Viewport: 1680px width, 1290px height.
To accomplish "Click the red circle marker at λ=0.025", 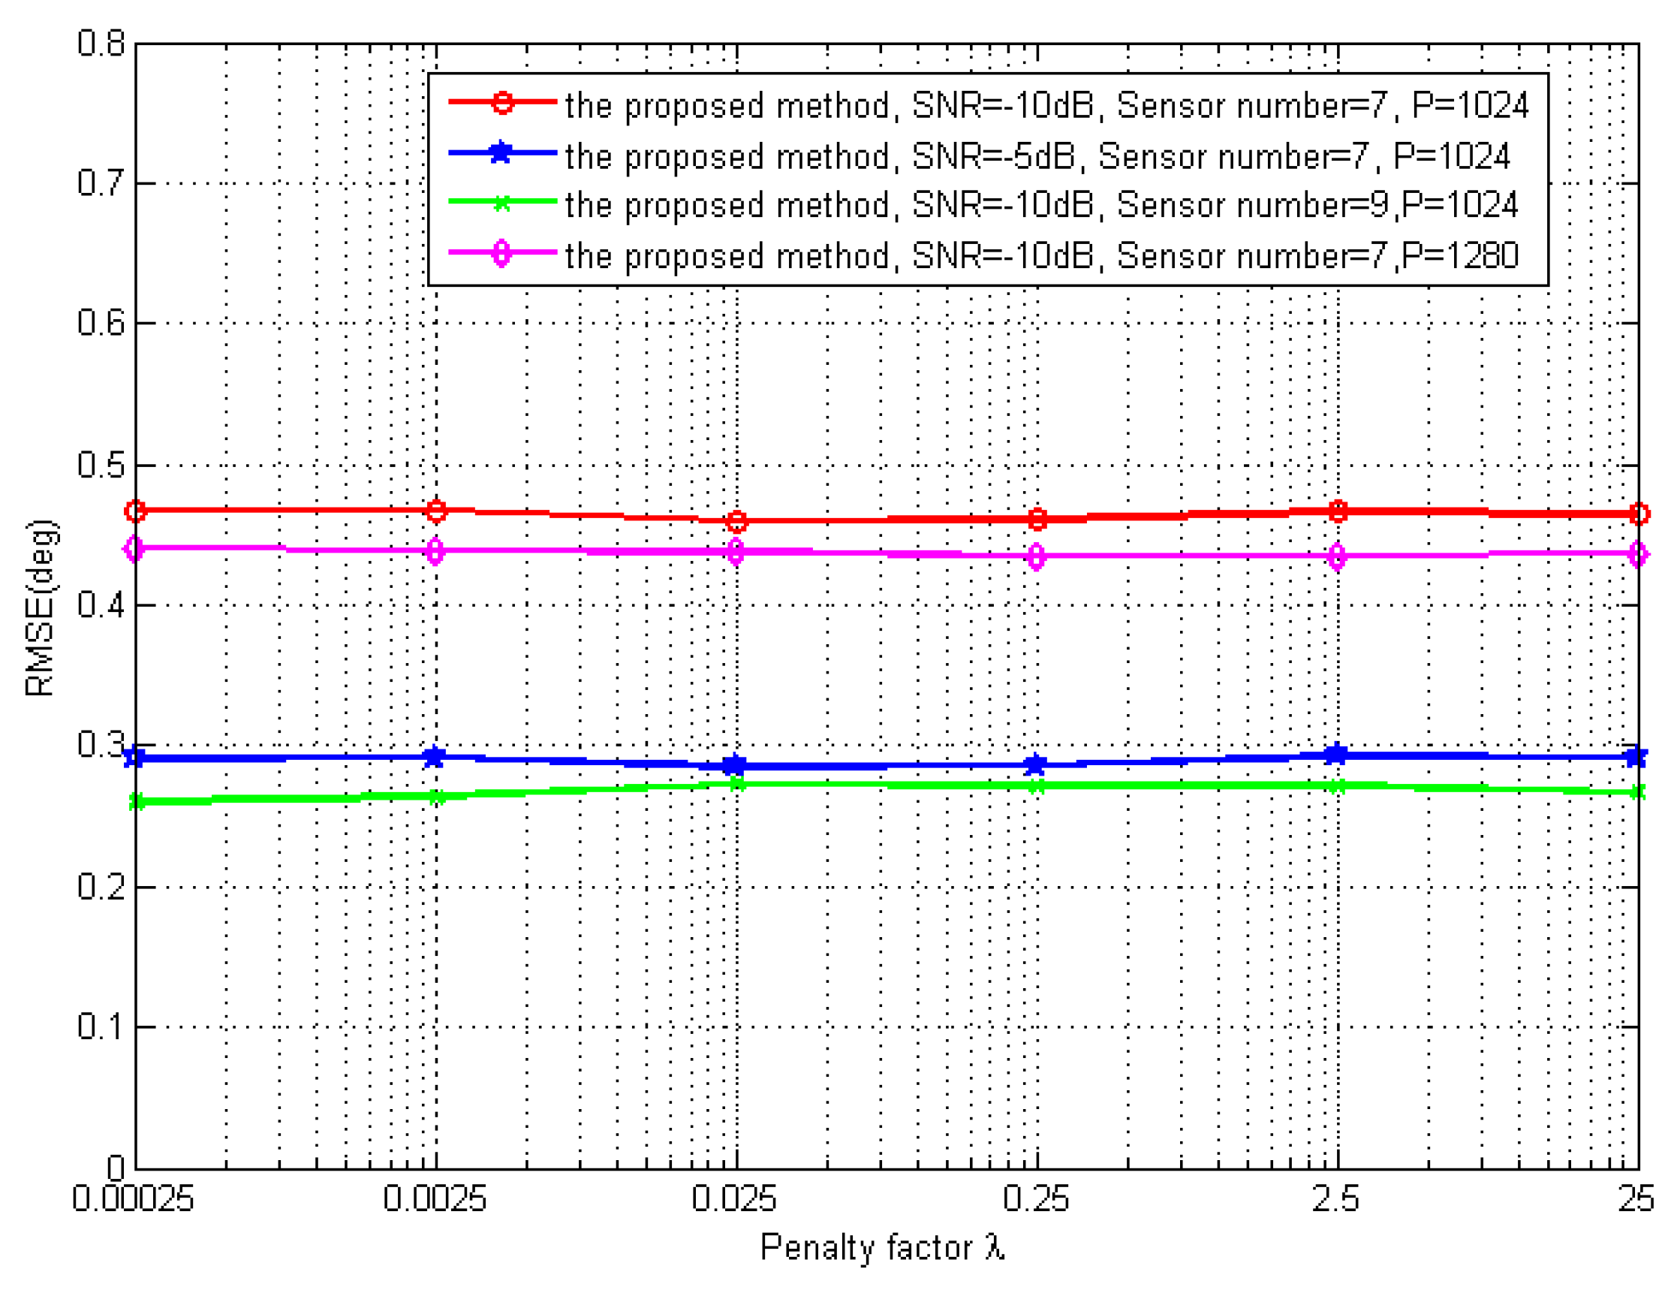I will pyautogui.click(x=736, y=521).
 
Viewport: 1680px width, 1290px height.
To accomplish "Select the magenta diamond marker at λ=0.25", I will pyautogui.click(x=1036, y=556).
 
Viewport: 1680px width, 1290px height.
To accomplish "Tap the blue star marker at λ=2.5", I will pyautogui.click(x=1337, y=754).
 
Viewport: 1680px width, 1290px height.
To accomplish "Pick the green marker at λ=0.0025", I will pyautogui.click(x=436, y=797).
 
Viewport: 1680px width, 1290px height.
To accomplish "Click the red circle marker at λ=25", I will pyautogui.click(x=1638, y=514).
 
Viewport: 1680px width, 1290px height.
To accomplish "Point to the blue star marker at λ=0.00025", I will pyautogui.click(x=135, y=757).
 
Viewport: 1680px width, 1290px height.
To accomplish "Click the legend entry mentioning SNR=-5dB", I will pyautogui.click(x=1037, y=157).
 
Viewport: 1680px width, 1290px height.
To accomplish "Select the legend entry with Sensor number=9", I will pyautogui.click(x=1040, y=206).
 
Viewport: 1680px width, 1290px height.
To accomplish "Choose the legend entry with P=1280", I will pyautogui.click(x=1040, y=256).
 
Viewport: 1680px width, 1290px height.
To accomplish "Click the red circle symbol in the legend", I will pyautogui.click(x=502, y=102).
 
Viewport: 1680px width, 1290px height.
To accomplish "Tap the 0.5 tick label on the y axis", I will pyautogui.click(x=101, y=465).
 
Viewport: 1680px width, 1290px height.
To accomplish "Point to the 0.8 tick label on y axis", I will pyautogui.click(x=101, y=43).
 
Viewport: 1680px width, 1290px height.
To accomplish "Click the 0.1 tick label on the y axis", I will pyautogui.click(x=101, y=1026).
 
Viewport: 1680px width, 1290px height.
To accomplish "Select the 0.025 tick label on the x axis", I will pyautogui.click(x=733, y=1198).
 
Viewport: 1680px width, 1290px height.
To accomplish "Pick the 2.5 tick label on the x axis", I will pyautogui.click(x=1335, y=1198).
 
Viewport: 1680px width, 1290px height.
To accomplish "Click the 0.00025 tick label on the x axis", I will pyautogui.click(x=133, y=1198).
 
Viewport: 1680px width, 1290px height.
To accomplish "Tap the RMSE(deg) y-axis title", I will pyautogui.click(x=40, y=608).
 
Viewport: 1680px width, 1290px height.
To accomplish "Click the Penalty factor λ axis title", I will pyautogui.click(x=882, y=1248).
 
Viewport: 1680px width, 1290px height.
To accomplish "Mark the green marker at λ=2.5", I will pyautogui.click(x=1337, y=785).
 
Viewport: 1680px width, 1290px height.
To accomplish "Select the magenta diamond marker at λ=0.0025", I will pyautogui.click(x=435, y=550).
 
